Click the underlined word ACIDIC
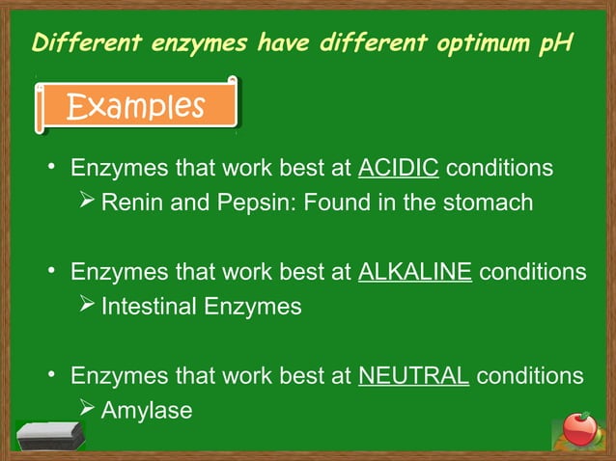pyautogui.click(x=399, y=168)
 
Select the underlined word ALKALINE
pyautogui.click(x=414, y=272)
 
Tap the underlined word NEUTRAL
pyautogui.click(x=413, y=375)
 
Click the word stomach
pyautogui.click(x=489, y=203)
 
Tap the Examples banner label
pyautogui.click(x=135, y=106)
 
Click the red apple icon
pyautogui.click(x=578, y=427)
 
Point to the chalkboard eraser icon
pyautogui.click(x=51, y=435)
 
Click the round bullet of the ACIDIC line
pyautogui.click(x=54, y=169)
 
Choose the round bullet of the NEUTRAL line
pyautogui.click(x=54, y=376)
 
